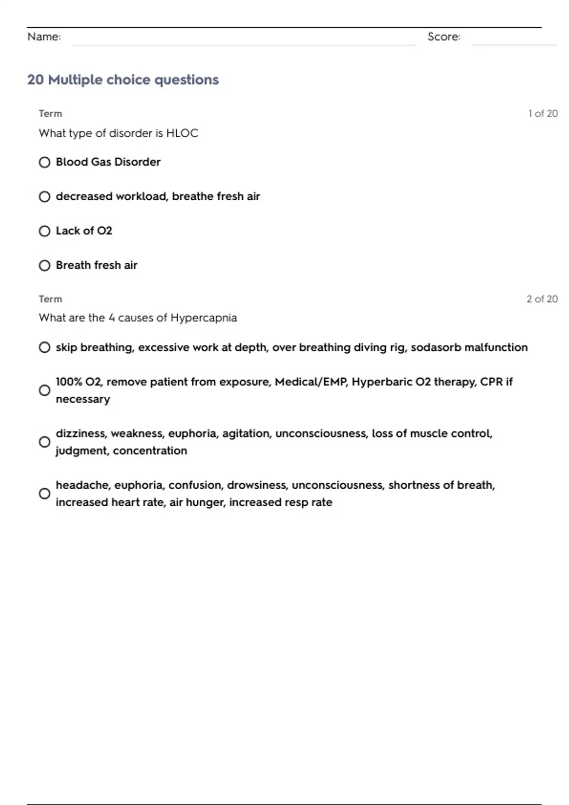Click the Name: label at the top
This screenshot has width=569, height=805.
44,37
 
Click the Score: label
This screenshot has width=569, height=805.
444,37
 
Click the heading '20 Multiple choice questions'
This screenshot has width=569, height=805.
123,80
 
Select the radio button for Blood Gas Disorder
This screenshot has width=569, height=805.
45,162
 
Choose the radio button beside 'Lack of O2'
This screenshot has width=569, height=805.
45,231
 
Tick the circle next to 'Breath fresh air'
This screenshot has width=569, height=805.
45,266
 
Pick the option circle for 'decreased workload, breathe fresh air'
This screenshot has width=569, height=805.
45,197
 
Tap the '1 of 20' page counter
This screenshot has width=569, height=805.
543,114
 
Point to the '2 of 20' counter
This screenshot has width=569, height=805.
542,299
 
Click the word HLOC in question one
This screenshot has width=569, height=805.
182,133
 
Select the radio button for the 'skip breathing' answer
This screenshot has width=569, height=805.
45,348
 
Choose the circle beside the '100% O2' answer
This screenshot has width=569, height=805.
45,390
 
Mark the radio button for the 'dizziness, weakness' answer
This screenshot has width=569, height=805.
45,442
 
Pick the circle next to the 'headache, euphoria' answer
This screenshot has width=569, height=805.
45,493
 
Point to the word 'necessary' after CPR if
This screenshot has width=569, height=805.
83,399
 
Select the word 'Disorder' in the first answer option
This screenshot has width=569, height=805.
138,162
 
